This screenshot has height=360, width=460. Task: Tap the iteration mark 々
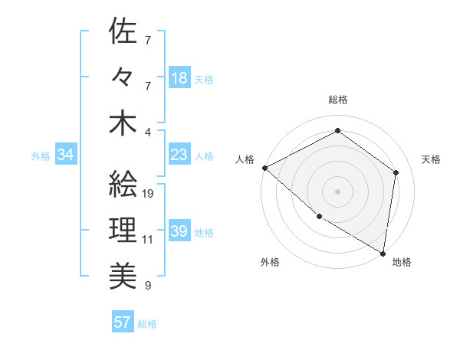point(123,77)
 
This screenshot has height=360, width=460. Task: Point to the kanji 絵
point(123,183)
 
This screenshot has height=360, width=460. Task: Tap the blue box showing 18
point(179,78)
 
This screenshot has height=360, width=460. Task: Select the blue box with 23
point(179,155)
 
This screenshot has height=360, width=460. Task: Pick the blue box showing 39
point(179,232)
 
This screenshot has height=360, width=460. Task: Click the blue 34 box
point(66,155)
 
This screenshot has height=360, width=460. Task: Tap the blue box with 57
point(122,322)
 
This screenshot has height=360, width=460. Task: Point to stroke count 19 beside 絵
point(148,193)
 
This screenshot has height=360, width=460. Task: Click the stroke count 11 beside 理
point(148,240)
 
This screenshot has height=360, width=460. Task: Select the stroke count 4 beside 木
point(148,132)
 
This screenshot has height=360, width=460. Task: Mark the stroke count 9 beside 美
point(148,286)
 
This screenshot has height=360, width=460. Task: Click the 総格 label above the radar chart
point(338,100)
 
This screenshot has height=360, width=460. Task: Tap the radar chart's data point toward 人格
point(264,168)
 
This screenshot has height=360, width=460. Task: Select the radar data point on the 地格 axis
point(383,252)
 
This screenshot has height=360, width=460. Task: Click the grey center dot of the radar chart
point(337,191)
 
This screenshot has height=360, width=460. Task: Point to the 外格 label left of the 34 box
point(41,156)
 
